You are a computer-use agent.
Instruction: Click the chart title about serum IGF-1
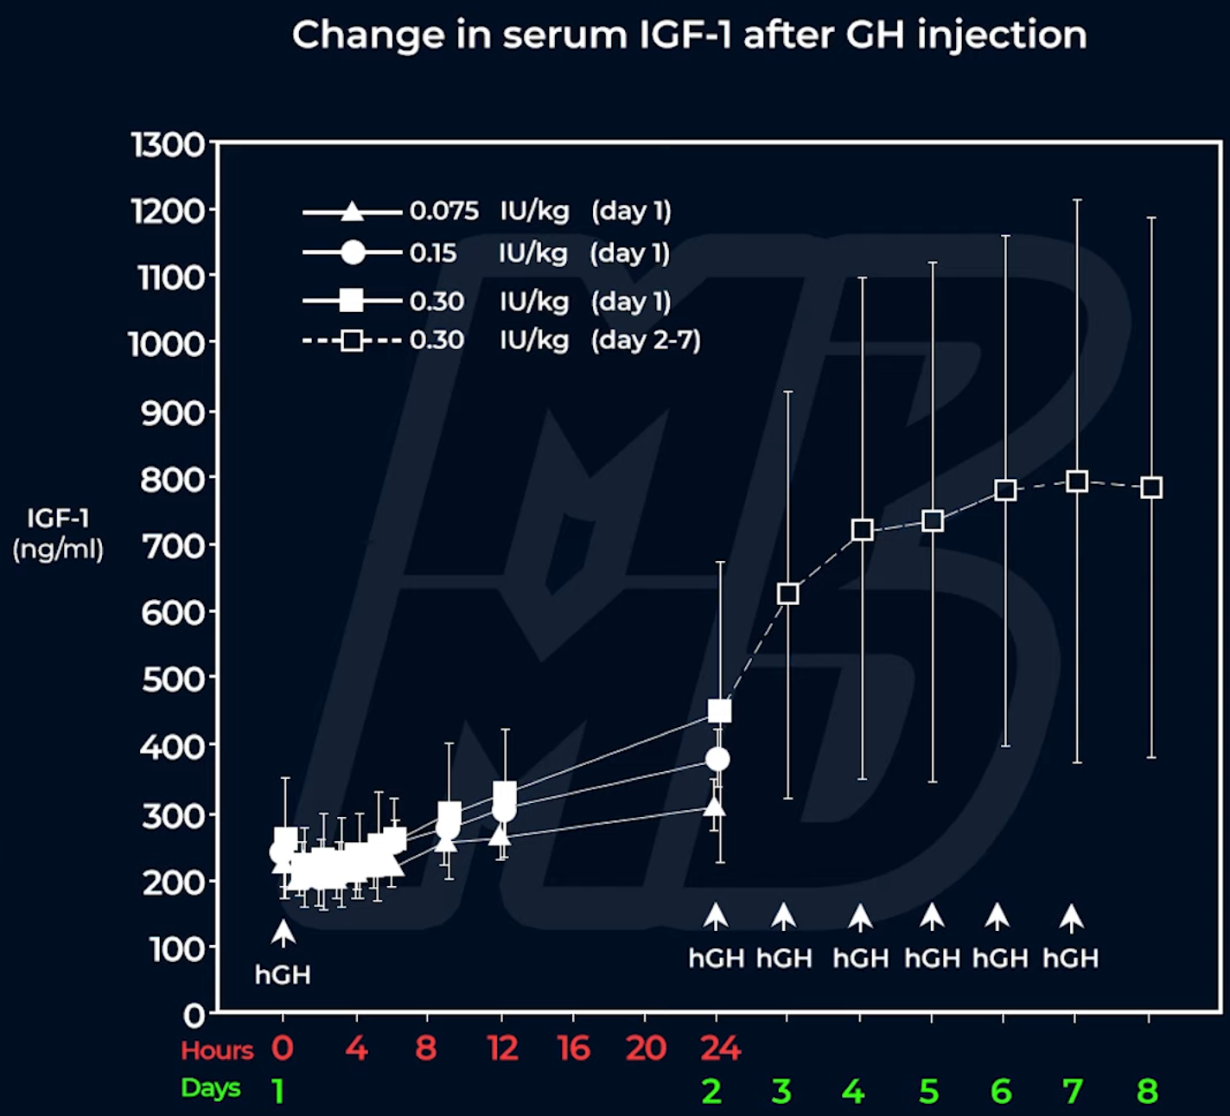[689, 35]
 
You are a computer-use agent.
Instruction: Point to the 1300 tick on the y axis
[169, 144]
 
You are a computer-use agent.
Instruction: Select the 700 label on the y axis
[172, 546]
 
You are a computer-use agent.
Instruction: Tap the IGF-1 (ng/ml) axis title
[58, 533]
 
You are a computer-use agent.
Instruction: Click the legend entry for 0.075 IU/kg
[487, 211]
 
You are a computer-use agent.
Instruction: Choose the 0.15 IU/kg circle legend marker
[353, 252]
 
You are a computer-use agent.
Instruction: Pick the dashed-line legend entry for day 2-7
[501, 340]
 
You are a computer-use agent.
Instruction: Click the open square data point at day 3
[787, 594]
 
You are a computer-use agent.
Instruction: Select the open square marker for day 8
[1150, 488]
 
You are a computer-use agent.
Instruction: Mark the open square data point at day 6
[1004, 490]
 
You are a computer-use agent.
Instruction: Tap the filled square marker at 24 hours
[719, 711]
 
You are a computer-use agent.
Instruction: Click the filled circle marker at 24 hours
[717, 759]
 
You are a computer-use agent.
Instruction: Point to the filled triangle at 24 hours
[714, 807]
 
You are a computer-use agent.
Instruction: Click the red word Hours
[217, 1050]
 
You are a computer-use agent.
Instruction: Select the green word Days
[210, 1088]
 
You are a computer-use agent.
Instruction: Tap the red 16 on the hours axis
[574, 1049]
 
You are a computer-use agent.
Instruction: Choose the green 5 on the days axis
[929, 1092]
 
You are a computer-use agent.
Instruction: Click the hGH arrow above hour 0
[283, 934]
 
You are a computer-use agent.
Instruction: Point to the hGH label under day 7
[1070, 959]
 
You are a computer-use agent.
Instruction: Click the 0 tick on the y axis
[194, 1014]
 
